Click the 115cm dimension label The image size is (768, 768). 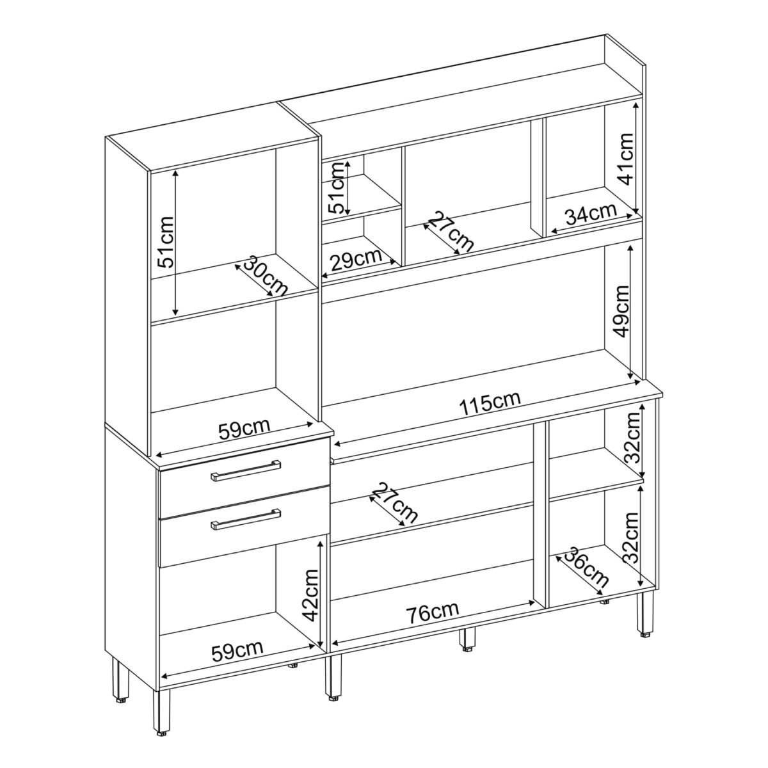click(490, 403)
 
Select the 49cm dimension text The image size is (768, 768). click(621, 305)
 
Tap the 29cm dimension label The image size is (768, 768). click(356, 259)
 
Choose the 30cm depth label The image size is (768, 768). click(266, 275)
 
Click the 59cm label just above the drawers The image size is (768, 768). click(244, 428)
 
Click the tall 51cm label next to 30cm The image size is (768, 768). click(165, 242)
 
